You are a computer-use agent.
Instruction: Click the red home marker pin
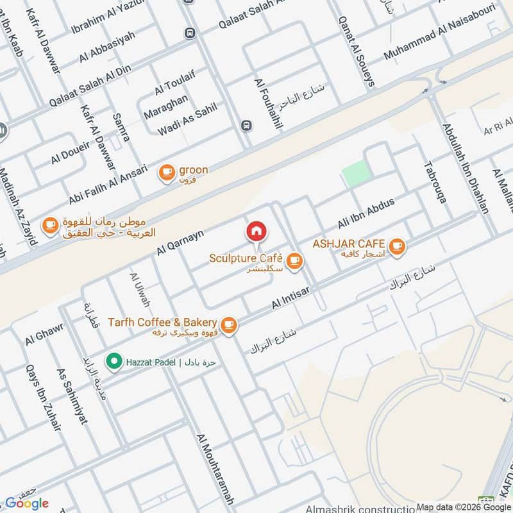coord(256,231)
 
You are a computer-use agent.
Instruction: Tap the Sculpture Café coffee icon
coord(294,260)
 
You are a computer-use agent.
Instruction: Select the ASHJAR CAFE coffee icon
coord(397,245)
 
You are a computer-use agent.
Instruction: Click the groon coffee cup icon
coord(167,171)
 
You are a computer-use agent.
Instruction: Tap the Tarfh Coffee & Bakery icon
coord(230,324)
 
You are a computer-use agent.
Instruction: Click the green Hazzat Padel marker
coord(114,362)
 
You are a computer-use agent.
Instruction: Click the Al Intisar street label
coord(290,297)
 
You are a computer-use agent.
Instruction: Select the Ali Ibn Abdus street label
coord(366,214)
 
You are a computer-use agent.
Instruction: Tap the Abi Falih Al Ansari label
coord(108,184)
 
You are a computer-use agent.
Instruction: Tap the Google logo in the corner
coord(26,503)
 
